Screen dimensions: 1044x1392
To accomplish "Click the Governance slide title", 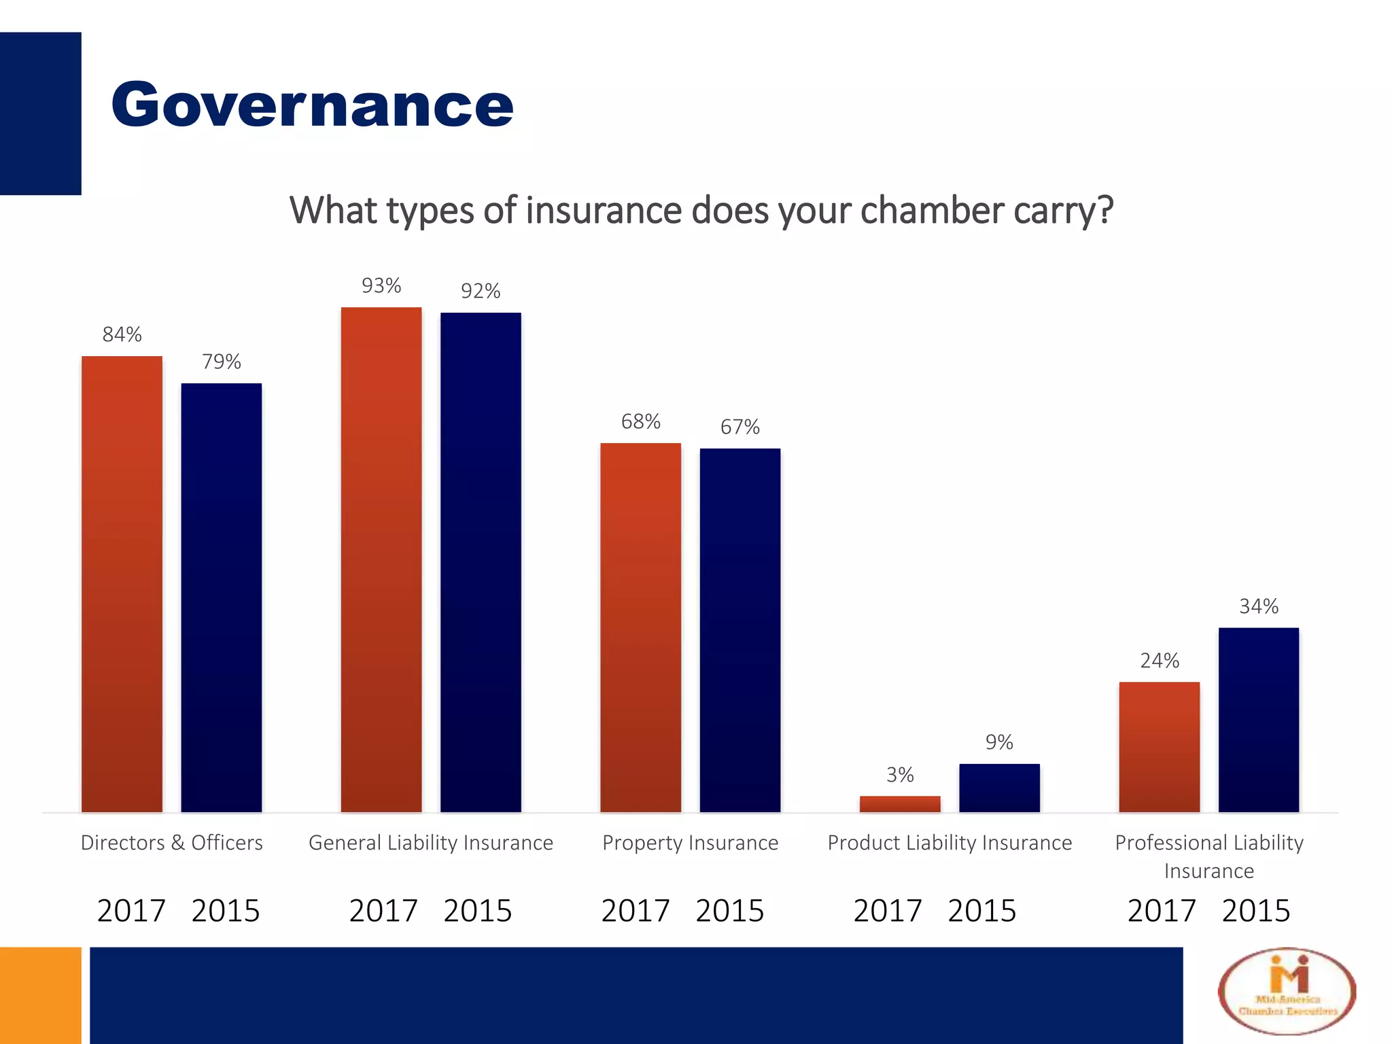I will (x=312, y=105).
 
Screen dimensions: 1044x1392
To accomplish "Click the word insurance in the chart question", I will (x=604, y=210).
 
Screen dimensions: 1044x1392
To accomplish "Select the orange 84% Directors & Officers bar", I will (x=122, y=585).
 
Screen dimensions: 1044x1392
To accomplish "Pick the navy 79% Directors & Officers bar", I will (x=221, y=598).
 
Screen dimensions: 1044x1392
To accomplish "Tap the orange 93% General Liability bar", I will (x=381, y=560).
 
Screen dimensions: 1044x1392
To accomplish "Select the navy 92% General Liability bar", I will (x=481, y=563).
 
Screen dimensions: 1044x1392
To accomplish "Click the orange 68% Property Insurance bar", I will (x=640, y=628).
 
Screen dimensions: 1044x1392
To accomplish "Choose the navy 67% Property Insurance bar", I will (x=739, y=631).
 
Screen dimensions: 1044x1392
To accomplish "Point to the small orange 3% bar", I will (x=900, y=804).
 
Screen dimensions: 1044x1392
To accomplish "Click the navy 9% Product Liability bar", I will (x=999, y=788).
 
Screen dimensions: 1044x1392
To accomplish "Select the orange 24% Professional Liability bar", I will (x=1159, y=748).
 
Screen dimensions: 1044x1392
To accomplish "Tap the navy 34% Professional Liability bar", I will (x=1258, y=720).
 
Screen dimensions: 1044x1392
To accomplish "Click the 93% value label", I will (x=381, y=285).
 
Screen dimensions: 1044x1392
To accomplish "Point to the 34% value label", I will (x=1259, y=606).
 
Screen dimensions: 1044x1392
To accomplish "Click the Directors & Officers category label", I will (x=172, y=843).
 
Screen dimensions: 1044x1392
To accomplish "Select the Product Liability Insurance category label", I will (x=950, y=843).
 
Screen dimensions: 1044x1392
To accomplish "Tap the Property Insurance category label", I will (x=690, y=843).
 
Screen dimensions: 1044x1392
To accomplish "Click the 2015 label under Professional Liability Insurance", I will (x=1255, y=911).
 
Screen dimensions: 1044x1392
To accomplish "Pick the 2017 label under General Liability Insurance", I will (x=383, y=911).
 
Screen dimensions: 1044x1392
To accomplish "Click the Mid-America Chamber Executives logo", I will (x=1287, y=992).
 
